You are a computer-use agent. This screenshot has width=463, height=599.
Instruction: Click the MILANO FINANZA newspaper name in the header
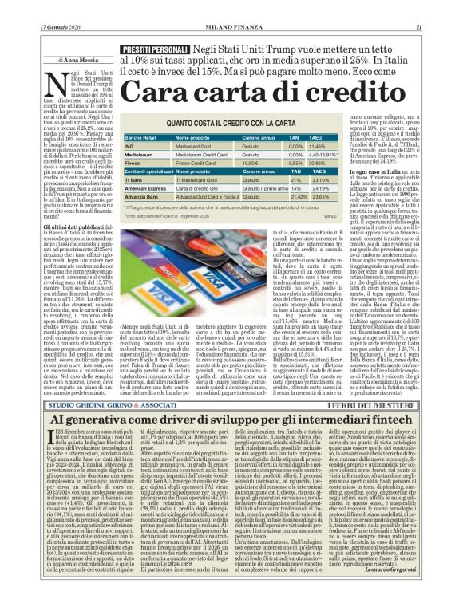(x=231, y=7)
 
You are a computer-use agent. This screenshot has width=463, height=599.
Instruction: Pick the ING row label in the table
(x=129, y=147)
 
